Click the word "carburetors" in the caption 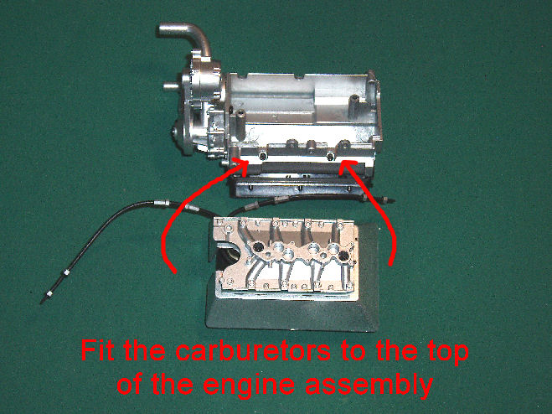tap(253, 350)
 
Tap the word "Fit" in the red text tap(97, 350)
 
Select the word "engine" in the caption tap(249, 385)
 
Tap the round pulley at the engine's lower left tap(183, 136)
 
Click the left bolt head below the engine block tap(262, 156)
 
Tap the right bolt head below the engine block tap(330, 156)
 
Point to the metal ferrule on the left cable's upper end tap(162, 203)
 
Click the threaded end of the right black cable tap(388, 201)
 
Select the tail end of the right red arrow tap(390, 263)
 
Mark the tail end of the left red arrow tap(174, 271)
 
